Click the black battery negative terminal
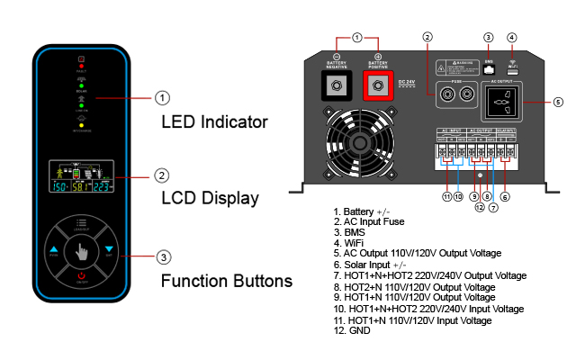point(337,85)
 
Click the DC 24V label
point(405,83)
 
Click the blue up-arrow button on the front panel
point(53,249)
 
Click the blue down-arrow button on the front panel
point(109,249)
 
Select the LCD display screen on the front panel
point(81,176)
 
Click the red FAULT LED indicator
point(81,60)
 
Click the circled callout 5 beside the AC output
point(558,102)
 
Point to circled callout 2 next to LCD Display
point(162,175)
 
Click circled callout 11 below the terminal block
point(445,196)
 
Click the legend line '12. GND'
point(353,330)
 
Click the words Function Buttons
point(227,281)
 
